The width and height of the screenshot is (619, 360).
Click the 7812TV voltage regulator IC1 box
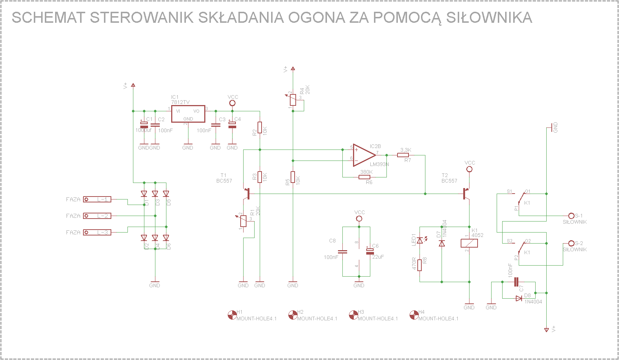188,114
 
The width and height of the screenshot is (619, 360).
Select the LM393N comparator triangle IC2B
364,155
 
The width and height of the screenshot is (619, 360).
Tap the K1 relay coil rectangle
469,243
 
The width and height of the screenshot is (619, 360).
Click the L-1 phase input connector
97,199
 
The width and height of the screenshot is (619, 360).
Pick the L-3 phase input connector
97,232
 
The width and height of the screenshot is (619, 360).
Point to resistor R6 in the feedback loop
364,177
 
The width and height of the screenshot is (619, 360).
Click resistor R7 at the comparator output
403,155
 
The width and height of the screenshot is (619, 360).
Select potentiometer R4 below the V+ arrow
293,100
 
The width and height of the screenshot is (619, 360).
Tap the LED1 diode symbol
420,240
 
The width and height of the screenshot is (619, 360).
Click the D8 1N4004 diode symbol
519,298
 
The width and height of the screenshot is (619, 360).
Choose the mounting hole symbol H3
353,315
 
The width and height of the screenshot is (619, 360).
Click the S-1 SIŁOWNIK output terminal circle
571,216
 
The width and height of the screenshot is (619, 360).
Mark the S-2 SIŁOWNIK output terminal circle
571,243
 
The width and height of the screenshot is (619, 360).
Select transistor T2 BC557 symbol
466,194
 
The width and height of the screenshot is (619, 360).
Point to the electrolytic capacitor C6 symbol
370,252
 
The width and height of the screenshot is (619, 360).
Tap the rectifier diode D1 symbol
144,194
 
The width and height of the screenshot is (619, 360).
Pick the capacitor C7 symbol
516,282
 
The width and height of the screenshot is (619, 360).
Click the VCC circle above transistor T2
469,169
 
